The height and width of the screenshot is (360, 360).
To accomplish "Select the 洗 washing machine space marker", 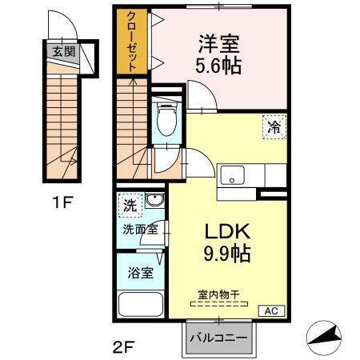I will click(129, 205).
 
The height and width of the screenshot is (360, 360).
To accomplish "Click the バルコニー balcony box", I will click(218, 337).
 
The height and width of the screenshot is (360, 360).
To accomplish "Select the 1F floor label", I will click(62, 202).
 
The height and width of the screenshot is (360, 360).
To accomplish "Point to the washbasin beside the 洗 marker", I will click(154, 201).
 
